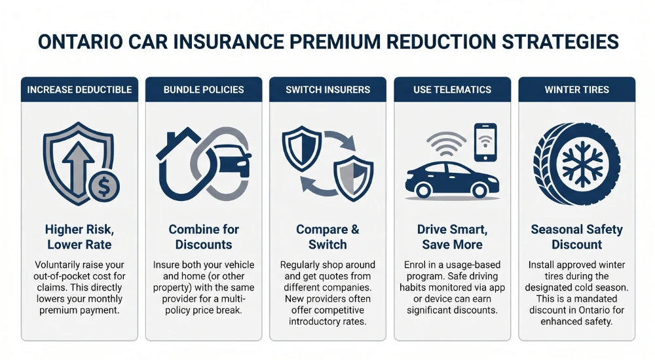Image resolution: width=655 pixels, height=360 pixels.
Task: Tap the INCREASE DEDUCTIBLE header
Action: coord(79,89)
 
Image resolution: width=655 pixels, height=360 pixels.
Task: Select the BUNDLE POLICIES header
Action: coord(204,89)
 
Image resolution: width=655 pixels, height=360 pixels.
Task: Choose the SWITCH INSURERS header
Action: coord(327,89)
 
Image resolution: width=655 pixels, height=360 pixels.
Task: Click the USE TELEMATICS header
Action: coord(452,89)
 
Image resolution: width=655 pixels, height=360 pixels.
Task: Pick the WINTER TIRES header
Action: coord(576,89)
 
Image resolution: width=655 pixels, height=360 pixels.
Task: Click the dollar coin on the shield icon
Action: coord(104,187)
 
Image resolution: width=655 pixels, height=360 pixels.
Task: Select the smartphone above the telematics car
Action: coord(485,141)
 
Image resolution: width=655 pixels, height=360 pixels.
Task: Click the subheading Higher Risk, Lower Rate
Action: coord(79,237)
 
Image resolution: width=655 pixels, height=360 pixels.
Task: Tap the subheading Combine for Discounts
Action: coord(204,237)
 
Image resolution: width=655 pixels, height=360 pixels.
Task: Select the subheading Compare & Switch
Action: coord(327,237)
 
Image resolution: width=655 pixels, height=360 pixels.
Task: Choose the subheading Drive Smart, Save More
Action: coord(452,237)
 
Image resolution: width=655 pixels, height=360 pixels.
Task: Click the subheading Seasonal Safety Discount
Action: coord(576,237)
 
